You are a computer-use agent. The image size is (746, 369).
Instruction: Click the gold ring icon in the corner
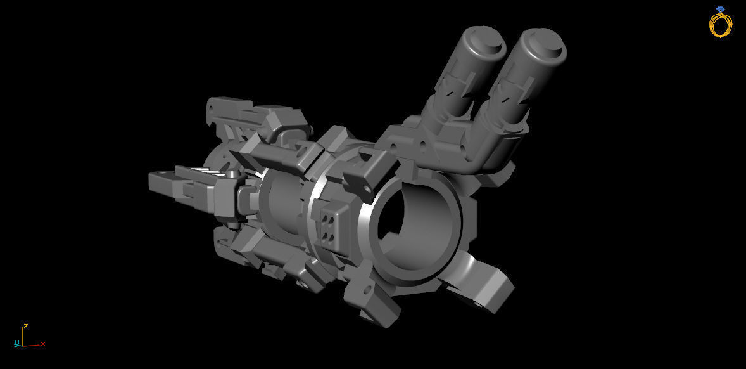point(720,25)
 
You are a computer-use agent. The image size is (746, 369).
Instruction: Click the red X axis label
point(43,344)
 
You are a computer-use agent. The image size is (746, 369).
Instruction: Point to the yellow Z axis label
point(25,326)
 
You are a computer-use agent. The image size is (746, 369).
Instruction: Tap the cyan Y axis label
point(18,344)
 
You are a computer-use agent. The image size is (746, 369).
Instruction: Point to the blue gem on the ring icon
point(720,9)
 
